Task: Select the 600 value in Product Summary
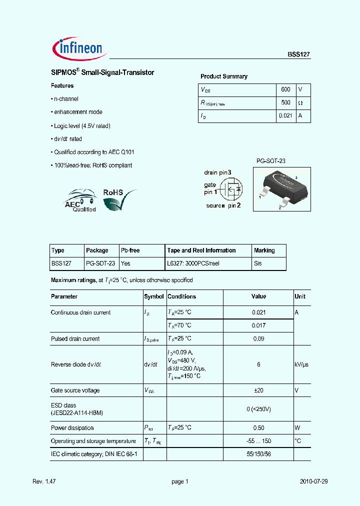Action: click(285, 89)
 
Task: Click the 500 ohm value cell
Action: click(285, 102)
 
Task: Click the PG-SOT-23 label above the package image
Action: click(270, 161)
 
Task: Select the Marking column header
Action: click(264, 250)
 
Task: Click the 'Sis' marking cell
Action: click(258, 263)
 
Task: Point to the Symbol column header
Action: click(154, 296)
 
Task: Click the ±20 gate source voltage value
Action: click(258, 390)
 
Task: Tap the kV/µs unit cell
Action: click(301, 364)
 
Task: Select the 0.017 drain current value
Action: click(258, 325)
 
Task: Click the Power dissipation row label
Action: click(72, 428)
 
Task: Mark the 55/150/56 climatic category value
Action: click(258, 454)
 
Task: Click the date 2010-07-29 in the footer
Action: click(314, 481)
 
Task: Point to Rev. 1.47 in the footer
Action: click(43, 481)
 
